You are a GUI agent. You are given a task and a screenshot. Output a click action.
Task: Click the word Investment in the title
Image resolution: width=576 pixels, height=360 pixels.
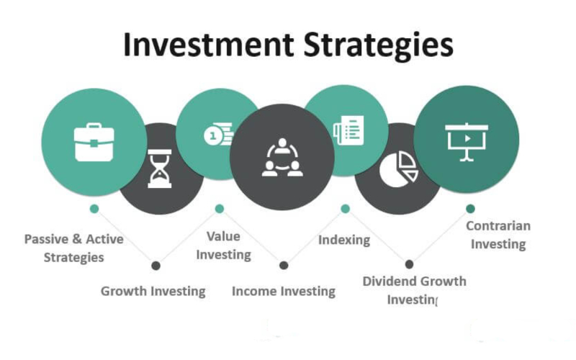tap(209, 45)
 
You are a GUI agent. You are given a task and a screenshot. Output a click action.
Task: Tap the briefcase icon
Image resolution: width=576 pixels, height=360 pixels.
tap(94, 142)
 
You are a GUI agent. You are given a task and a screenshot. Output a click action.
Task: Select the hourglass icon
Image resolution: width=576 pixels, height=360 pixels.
tap(159, 168)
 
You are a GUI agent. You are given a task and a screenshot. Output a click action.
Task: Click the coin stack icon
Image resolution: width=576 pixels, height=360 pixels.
tap(219, 134)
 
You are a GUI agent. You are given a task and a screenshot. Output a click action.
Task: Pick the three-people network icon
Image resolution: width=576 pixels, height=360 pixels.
tap(282, 157)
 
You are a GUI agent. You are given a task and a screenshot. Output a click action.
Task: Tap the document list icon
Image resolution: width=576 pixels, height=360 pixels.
tap(348, 130)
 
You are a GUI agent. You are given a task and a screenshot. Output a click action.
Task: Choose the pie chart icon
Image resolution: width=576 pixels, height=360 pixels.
tap(399, 169)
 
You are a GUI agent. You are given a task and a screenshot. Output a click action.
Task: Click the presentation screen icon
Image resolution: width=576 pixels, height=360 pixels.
tap(467, 142)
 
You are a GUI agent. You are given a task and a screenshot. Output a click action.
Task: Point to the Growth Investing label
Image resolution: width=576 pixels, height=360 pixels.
tap(153, 292)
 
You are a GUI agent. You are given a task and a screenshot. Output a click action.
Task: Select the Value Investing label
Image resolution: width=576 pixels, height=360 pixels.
tap(223, 246)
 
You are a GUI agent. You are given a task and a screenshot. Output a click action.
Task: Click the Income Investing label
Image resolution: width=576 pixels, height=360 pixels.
tap(284, 292)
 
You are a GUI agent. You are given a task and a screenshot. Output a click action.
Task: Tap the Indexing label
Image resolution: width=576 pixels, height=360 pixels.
tap(344, 240)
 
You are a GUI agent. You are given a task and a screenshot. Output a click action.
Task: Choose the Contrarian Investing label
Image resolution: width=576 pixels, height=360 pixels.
tap(498, 235)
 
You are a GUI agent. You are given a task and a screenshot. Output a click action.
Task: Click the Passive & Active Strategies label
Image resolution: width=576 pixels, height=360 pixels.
tap(74, 248)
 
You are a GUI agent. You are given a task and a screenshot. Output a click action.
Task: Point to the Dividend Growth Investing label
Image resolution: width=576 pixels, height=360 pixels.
tap(415, 291)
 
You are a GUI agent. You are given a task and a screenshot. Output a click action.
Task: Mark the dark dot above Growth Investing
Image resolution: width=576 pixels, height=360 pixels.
tap(156, 266)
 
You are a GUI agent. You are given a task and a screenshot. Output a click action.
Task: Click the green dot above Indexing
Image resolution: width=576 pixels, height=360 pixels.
tap(345, 209)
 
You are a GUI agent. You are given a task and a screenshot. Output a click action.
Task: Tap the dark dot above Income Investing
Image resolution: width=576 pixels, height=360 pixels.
tap(284, 265)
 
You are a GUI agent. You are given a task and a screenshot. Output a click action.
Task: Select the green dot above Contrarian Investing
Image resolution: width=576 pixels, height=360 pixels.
tap(470, 209)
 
